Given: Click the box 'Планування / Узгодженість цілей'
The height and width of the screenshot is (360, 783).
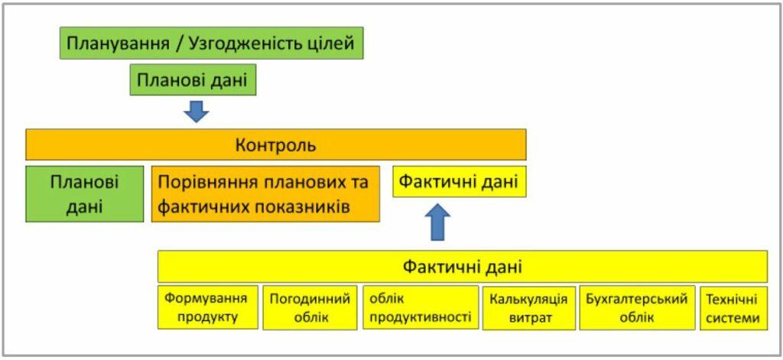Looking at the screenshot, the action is pyautogui.click(x=211, y=43).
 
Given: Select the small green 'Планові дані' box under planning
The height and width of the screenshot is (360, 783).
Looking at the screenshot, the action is pyautogui.click(x=193, y=79).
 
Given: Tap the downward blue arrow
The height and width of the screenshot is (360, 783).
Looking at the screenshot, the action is pyautogui.click(x=197, y=112).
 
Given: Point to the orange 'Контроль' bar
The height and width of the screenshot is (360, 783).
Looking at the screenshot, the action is pyautogui.click(x=275, y=144).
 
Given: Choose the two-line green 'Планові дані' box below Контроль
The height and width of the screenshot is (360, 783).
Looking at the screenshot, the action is pyautogui.click(x=84, y=193).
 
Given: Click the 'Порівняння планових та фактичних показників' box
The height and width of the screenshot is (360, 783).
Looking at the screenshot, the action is pyautogui.click(x=265, y=193).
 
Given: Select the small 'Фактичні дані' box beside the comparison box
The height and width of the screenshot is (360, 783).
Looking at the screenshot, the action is pyautogui.click(x=460, y=182).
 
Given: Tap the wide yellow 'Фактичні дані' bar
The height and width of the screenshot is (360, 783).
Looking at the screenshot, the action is pyautogui.click(x=463, y=267).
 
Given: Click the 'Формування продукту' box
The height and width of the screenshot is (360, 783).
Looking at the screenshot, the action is pyautogui.click(x=208, y=307).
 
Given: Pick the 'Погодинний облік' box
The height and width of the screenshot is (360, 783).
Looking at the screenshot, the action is pyautogui.click(x=310, y=307).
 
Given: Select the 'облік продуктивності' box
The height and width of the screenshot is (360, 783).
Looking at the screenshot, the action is pyautogui.click(x=421, y=307).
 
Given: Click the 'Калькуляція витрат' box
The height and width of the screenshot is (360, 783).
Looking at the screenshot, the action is pyautogui.click(x=529, y=307).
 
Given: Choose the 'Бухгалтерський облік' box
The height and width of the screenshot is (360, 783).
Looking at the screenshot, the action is pyautogui.click(x=637, y=307).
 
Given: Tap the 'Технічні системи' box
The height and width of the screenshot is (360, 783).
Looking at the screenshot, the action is pyautogui.click(x=733, y=307).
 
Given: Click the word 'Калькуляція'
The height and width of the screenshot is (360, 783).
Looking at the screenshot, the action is pyautogui.click(x=529, y=300).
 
